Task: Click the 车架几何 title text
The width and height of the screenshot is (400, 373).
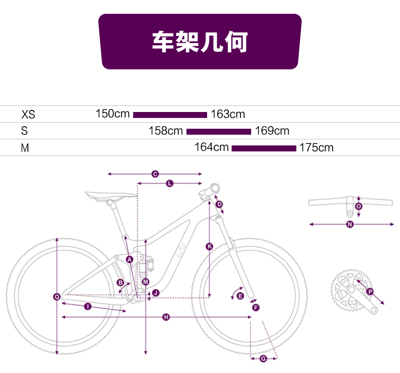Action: click(x=199, y=42)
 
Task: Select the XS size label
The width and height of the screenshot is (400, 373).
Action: click(x=28, y=115)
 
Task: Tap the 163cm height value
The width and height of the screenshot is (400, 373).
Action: click(x=228, y=114)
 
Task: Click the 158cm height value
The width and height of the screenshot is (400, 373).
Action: click(x=166, y=131)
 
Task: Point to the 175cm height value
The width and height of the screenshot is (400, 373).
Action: click(x=316, y=147)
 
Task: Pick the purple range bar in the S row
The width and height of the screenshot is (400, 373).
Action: click(x=219, y=131)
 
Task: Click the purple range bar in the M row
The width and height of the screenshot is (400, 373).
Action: click(x=264, y=148)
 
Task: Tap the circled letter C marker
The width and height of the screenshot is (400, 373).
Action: click(x=155, y=174)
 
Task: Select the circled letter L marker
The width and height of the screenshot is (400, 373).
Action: click(x=170, y=183)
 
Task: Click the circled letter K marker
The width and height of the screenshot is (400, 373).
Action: click(x=210, y=246)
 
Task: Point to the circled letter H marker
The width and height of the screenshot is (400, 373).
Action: click(x=166, y=317)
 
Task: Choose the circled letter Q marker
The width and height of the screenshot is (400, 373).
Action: click(x=57, y=296)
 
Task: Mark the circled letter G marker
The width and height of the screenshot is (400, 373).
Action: click(x=263, y=359)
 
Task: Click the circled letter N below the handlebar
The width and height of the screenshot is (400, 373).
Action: click(x=350, y=224)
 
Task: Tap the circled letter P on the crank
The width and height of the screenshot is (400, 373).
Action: click(x=370, y=291)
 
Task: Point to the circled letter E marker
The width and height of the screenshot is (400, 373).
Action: click(x=240, y=296)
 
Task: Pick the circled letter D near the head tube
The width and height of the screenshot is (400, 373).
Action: click(x=219, y=204)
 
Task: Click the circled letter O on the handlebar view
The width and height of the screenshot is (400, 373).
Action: click(x=358, y=206)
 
